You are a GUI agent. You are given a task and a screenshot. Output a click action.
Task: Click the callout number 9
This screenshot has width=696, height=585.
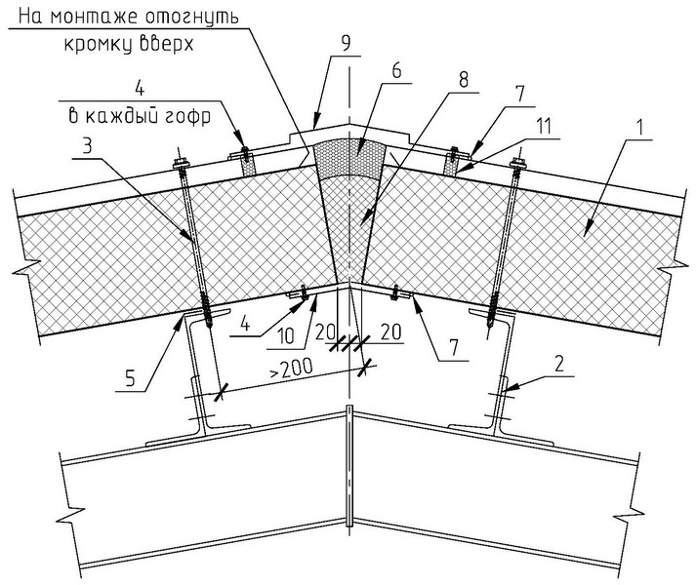[346, 43]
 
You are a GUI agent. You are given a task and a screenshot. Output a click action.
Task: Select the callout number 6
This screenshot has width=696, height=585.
[396, 70]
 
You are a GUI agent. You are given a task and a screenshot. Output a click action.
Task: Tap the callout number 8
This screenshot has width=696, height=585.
[464, 81]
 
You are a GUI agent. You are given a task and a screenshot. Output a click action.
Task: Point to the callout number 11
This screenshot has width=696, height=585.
[544, 126]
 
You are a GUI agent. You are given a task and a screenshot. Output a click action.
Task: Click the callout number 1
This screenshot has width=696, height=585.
[639, 128]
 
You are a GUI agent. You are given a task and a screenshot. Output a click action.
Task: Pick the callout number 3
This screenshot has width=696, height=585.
[88, 145]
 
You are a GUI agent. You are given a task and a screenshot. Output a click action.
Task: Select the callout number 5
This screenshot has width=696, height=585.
[130, 379]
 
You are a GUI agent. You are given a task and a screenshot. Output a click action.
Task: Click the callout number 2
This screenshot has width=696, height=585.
[559, 364]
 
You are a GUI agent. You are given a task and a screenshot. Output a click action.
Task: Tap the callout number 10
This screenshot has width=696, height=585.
[286, 336]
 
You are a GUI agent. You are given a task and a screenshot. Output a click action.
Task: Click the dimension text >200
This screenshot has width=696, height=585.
[291, 369]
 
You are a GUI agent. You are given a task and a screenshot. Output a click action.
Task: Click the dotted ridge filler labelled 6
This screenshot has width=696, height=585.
[349, 158]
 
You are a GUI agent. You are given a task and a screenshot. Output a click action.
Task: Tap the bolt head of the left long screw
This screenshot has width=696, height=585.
[181, 164]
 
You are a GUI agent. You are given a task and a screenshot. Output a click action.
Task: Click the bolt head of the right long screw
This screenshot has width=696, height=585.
[518, 164]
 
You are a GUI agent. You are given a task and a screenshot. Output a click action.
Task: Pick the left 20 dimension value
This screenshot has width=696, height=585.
[325, 331]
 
